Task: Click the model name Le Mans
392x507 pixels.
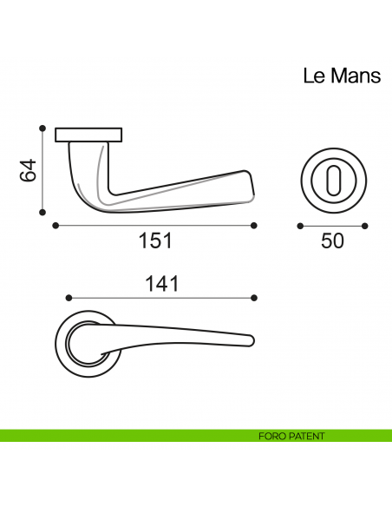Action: point(341,76)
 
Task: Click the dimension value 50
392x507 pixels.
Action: point(332,241)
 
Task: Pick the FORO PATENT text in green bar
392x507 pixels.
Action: point(291,436)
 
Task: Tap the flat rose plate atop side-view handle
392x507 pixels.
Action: point(88,135)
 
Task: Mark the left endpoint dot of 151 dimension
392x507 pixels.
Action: point(56,226)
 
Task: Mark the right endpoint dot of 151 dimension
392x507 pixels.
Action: point(254,226)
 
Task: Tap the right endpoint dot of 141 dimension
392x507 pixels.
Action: point(254,296)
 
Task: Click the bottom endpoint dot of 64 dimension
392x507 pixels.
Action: point(42,211)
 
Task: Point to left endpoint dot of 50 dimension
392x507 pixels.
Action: point(299,227)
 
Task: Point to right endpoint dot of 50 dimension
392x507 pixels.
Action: point(365,227)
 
